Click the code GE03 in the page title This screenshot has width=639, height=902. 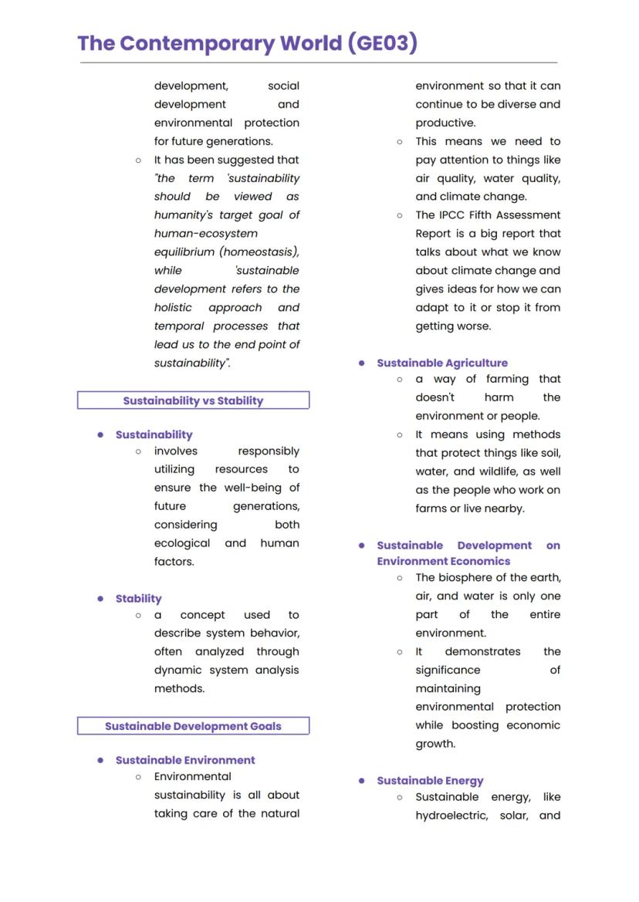tap(383, 43)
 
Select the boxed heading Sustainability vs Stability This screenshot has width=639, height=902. tap(193, 400)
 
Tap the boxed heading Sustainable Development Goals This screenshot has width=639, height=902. tap(193, 726)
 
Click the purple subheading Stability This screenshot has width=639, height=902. tap(138, 599)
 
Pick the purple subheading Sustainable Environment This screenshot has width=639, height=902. tap(185, 760)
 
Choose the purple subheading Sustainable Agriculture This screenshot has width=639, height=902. tap(442, 363)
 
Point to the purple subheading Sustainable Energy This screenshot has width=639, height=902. tap(430, 781)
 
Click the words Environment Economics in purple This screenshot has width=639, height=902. tap(444, 562)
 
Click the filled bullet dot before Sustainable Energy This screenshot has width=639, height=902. tap(361, 781)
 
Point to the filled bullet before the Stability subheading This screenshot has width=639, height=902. tap(100, 599)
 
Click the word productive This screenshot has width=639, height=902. tap(445, 123)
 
